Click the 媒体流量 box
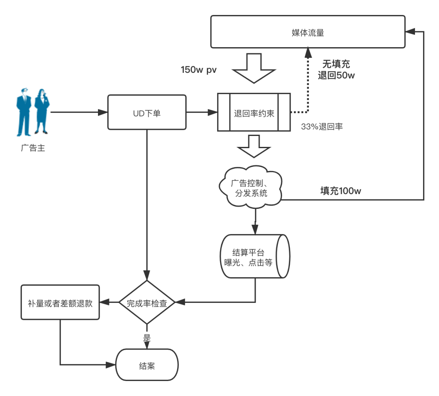pyautogui.click(x=308, y=32)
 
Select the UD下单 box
pyautogui.click(x=147, y=113)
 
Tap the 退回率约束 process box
pyautogui.click(x=254, y=113)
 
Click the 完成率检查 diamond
pyautogui.click(x=146, y=303)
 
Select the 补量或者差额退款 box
pyautogui.click(x=60, y=302)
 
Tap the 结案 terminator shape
pyautogui.click(x=147, y=365)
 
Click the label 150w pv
pyautogui.click(x=199, y=70)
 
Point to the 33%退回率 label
pyautogui.click(x=322, y=127)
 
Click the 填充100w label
pyautogui.click(x=341, y=191)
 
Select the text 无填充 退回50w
pyautogui.click(x=336, y=70)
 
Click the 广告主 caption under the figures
pyautogui.click(x=33, y=148)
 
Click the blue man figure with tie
pyautogui.click(x=24, y=112)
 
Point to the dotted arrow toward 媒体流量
pyautogui.click(x=308, y=81)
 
